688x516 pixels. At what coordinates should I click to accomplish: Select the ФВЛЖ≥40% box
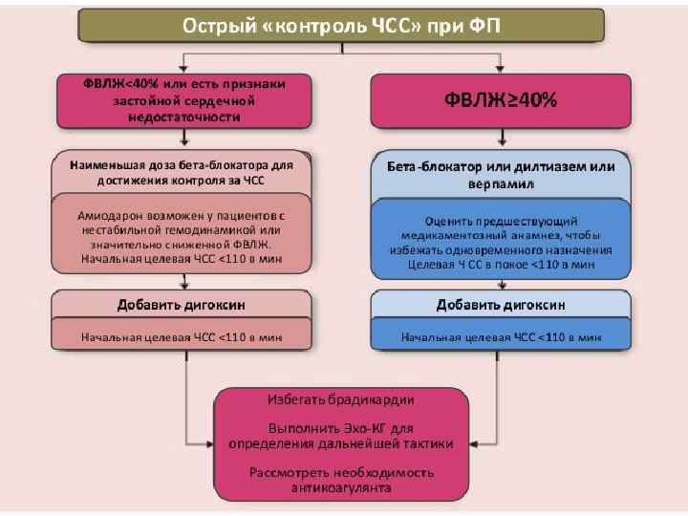coord(500,99)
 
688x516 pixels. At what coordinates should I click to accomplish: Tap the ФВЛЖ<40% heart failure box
coord(184,99)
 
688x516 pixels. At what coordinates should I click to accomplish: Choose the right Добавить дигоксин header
coord(501,305)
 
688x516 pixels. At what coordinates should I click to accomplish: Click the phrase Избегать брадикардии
coord(340,398)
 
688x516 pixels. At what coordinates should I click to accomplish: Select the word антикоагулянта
coord(341,488)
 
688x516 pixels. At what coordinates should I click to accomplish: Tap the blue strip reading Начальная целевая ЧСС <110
coord(501,336)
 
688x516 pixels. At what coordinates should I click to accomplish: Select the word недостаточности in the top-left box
coord(184,116)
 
